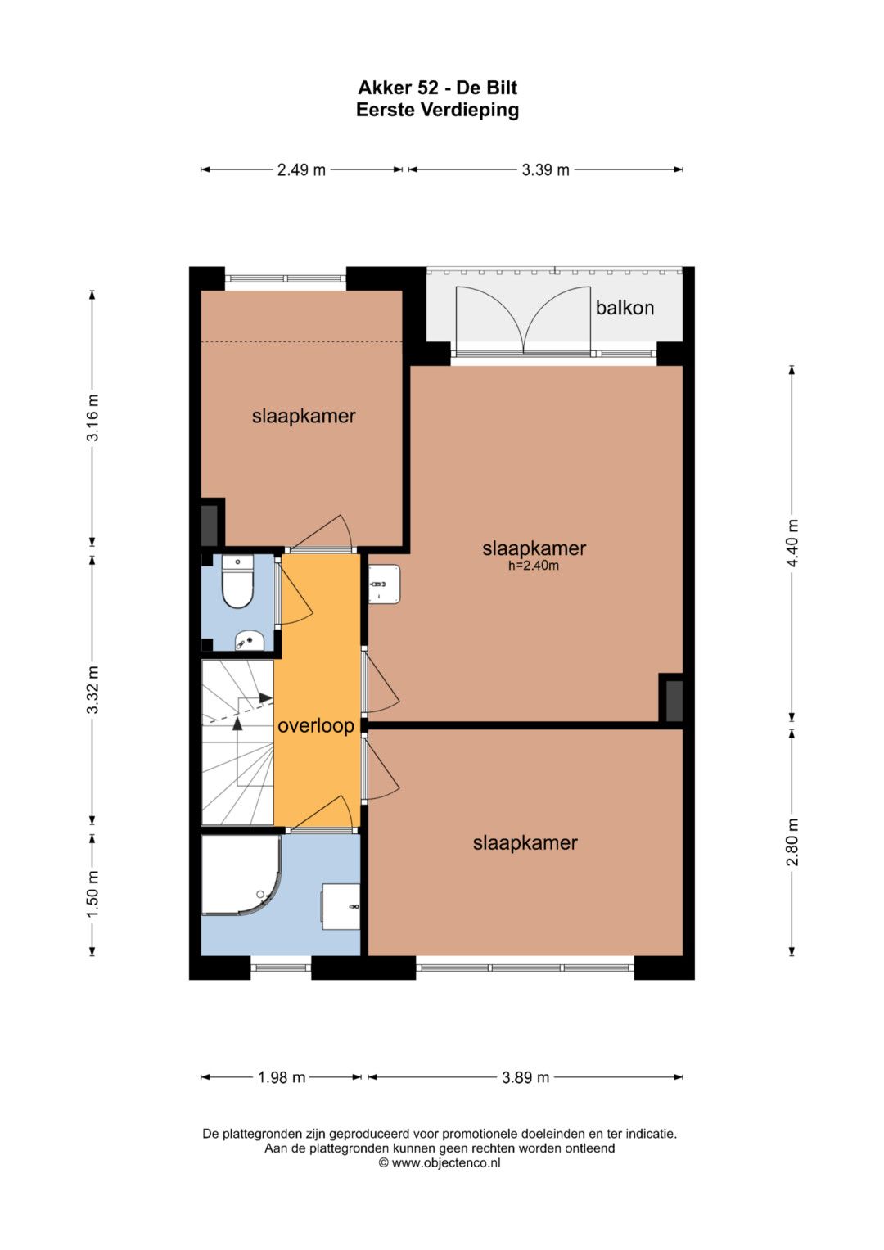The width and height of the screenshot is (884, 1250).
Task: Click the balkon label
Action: pyautogui.click(x=625, y=308)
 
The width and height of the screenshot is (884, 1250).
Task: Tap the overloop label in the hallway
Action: pyautogui.click(x=316, y=726)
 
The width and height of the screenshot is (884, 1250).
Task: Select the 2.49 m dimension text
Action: pyautogui.click(x=301, y=169)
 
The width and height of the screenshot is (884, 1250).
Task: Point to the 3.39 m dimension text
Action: pyautogui.click(x=545, y=169)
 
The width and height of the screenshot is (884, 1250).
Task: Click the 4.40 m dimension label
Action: pyautogui.click(x=792, y=544)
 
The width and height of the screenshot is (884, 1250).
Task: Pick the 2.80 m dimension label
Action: pyautogui.click(x=792, y=842)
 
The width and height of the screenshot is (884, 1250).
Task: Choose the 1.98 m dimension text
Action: pyautogui.click(x=282, y=1077)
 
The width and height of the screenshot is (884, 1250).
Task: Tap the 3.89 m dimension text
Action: pyautogui.click(x=525, y=1077)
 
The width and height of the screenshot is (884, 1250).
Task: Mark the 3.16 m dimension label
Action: pyautogui.click(x=92, y=418)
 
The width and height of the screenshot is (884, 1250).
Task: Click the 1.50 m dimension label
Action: pyautogui.click(x=92, y=895)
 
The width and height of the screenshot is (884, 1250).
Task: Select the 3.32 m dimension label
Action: pyautogui.click(x=92, y=690)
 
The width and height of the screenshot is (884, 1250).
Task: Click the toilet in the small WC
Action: pyautogui.click(x=237, y=582)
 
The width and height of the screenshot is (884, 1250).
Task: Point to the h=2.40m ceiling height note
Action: pyautogui.click(x=534, y=566)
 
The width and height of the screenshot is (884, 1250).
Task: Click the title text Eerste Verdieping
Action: pyautogui.click(x=438, y=110)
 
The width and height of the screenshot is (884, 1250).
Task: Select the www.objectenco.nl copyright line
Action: pyautogui.click(x=440, y=1162)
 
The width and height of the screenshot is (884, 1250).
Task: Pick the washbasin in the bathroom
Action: pyautogui.click(x=341, y=906)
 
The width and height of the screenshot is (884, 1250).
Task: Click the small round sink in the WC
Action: pyautogui.click(x=249, y=641)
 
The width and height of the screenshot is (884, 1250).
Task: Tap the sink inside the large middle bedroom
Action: pyautogui.click(x=384, y=584)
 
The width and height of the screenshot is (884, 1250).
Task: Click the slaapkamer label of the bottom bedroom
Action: pyautogui.click(x=525, y=842)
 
